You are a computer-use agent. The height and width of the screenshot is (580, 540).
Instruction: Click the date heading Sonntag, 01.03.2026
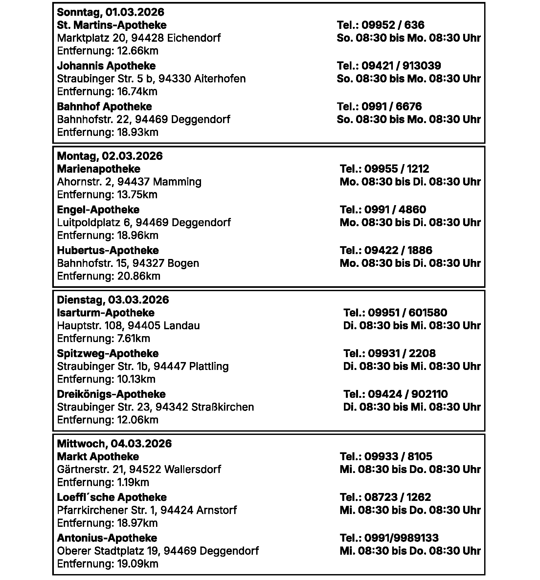point(110,12)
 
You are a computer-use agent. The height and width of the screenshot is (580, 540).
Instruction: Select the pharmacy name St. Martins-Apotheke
point(112,25)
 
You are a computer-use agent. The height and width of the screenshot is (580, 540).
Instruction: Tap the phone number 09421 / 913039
point(401,66)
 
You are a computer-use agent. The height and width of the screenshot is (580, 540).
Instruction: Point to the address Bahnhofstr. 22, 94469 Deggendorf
point(144,119)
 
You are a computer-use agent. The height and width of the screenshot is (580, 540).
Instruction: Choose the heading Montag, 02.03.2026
point(110,156)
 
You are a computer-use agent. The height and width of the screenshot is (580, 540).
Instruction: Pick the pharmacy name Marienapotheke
point(99,169)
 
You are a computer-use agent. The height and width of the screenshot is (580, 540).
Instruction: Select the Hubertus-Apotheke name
point(108,250)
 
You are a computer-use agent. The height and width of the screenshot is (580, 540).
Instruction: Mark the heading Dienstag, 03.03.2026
point(113,300)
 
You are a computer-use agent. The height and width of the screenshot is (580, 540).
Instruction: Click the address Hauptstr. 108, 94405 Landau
point(128,326)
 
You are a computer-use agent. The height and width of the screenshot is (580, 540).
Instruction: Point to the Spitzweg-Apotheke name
point(108,354)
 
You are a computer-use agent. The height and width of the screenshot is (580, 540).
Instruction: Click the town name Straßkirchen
point(222,407)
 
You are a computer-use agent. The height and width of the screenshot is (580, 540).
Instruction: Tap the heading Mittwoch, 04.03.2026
point(114,444)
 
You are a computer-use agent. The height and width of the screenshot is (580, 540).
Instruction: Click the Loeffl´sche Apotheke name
point(112,497)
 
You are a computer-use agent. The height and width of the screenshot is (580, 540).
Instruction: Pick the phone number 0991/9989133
point(401,538)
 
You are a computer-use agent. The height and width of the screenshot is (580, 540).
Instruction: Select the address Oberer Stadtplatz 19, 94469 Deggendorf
point(158,551)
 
